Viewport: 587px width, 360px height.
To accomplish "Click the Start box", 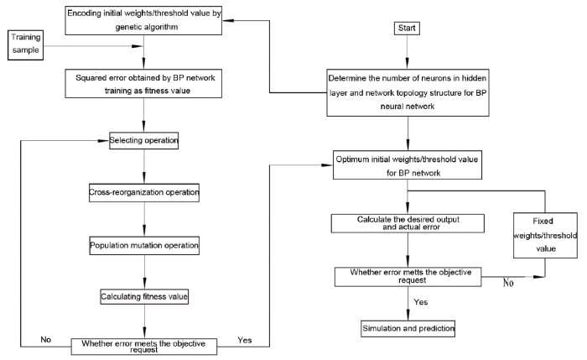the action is tap(407, 29).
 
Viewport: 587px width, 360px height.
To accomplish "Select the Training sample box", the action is tap(25, 45).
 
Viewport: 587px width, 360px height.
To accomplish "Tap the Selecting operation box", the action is tap(143, 140).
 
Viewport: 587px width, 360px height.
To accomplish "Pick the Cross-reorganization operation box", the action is tap(144, 192).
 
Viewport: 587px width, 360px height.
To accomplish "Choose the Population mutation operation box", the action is tap(144, 246).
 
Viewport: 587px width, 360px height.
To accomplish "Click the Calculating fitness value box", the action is tap(144, 297).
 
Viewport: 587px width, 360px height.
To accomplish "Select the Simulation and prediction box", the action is tap(408, 329).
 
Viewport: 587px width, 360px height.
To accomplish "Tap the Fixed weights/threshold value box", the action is tap(545, 235).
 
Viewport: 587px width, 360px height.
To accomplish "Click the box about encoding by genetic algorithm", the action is tap(143, 21).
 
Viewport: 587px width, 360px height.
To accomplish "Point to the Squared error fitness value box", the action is tap(143, 84).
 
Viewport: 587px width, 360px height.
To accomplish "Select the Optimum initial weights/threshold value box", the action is tap(408, 165).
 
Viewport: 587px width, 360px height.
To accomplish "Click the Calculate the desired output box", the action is tap(408, 223).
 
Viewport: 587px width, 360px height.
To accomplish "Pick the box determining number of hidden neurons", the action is tap(408, 92).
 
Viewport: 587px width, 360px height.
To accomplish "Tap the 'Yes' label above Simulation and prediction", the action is tap(421, 302).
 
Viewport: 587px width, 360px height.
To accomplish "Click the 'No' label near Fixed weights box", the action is tap(508, 283).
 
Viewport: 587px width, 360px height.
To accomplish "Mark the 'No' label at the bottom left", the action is tap(45, 339).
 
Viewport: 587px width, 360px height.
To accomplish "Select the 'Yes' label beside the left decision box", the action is tap(245, 340).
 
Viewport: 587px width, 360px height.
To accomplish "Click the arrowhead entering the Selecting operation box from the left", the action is tap(103, 141).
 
